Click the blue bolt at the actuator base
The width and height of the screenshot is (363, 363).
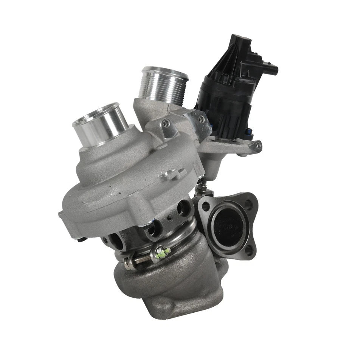[x=248, y=132]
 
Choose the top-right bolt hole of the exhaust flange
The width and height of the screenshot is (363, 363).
[x=248, y=204]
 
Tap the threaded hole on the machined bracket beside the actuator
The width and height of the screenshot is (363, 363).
[x=202, y=119]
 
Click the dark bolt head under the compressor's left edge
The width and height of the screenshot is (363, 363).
[x=80, y=239]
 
